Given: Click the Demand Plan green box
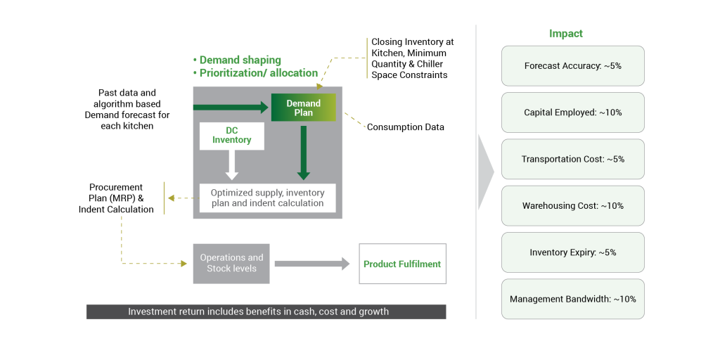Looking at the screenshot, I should pyautogui.click(x=304, y=108).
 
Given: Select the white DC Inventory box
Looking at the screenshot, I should pyautogui.click(x=231, y=136).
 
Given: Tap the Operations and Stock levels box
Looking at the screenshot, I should pyautogui.click(x=231, y=263).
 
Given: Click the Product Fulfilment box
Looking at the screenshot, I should pyautogui.click(x=402, y=264).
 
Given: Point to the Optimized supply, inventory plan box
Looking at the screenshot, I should pyautogui.click(x=267, y=198).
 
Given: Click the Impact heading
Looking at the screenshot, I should pyautogui.click(x=565, y=34).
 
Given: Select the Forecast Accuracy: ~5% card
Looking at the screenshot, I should pyautogui.click(x=572, y=66).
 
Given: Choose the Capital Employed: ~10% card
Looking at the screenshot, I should pyautogui.click(x=572, y=112).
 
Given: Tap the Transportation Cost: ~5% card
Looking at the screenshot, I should pyautogui.click(x=572, y=159).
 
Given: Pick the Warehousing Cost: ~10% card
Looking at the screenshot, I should pyautogui.click(x=572, y=206).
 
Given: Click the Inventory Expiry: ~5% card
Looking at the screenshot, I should pyautogui.click(x=572, y=252).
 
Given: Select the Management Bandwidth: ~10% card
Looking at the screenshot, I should pyautogui.click(x=572, y=299).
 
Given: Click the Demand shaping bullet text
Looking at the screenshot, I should pyautogui.click(x=240, y=60).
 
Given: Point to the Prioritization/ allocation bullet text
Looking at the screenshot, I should pyautogui.click(x=258, y=72).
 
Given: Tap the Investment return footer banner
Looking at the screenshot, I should pyautogui.click(x=266, y=311).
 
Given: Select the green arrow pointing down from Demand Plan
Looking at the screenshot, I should pyautogui.click(x=304, y=151).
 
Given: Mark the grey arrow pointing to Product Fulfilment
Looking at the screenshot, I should pyautogui.click(x=311, y=264).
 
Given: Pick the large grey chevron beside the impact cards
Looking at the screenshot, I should pyautogui.click(x=486, y=172).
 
